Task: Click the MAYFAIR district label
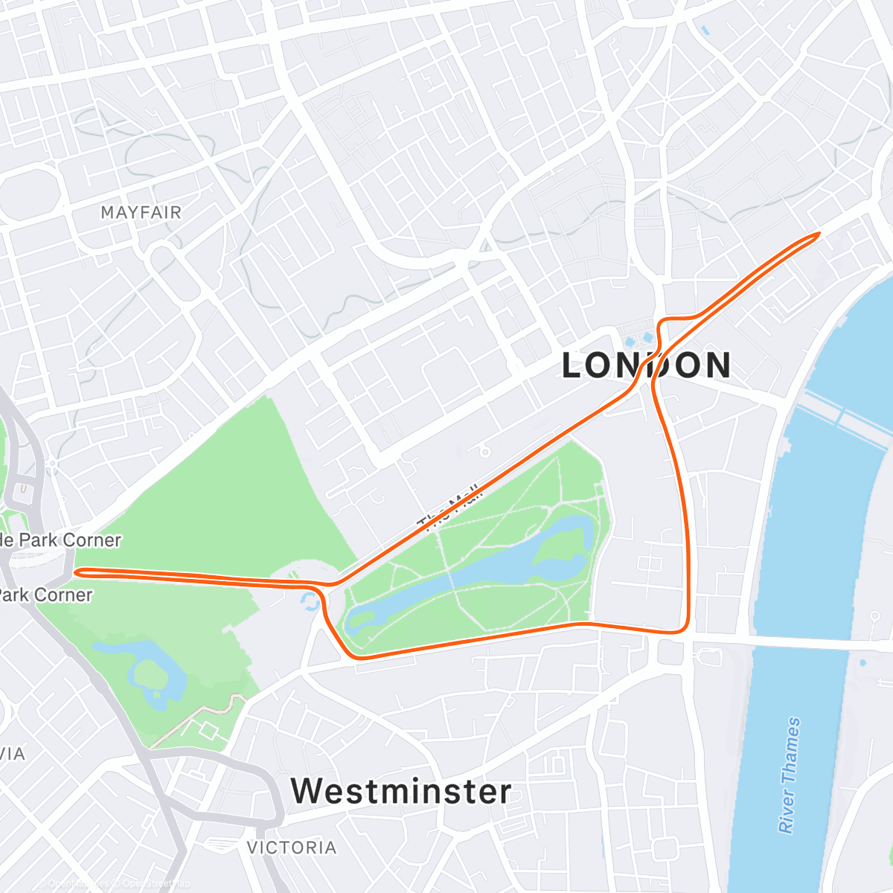(x=141, y=213)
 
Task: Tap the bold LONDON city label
(x=646, y=365)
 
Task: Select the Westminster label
(x=401, y=791)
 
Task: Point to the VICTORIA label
(x=291, y=848)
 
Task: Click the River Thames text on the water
(x=790, y=775)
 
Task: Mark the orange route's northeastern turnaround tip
(x=817, y=234)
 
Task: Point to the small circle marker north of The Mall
(x=484, y=451)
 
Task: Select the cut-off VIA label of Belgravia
(x=13, y=754)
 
